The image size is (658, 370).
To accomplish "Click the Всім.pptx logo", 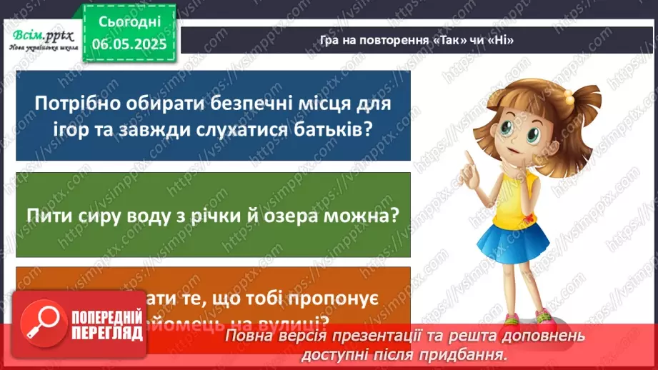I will click(40, 34).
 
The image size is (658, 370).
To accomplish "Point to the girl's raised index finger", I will click(467, 155).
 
